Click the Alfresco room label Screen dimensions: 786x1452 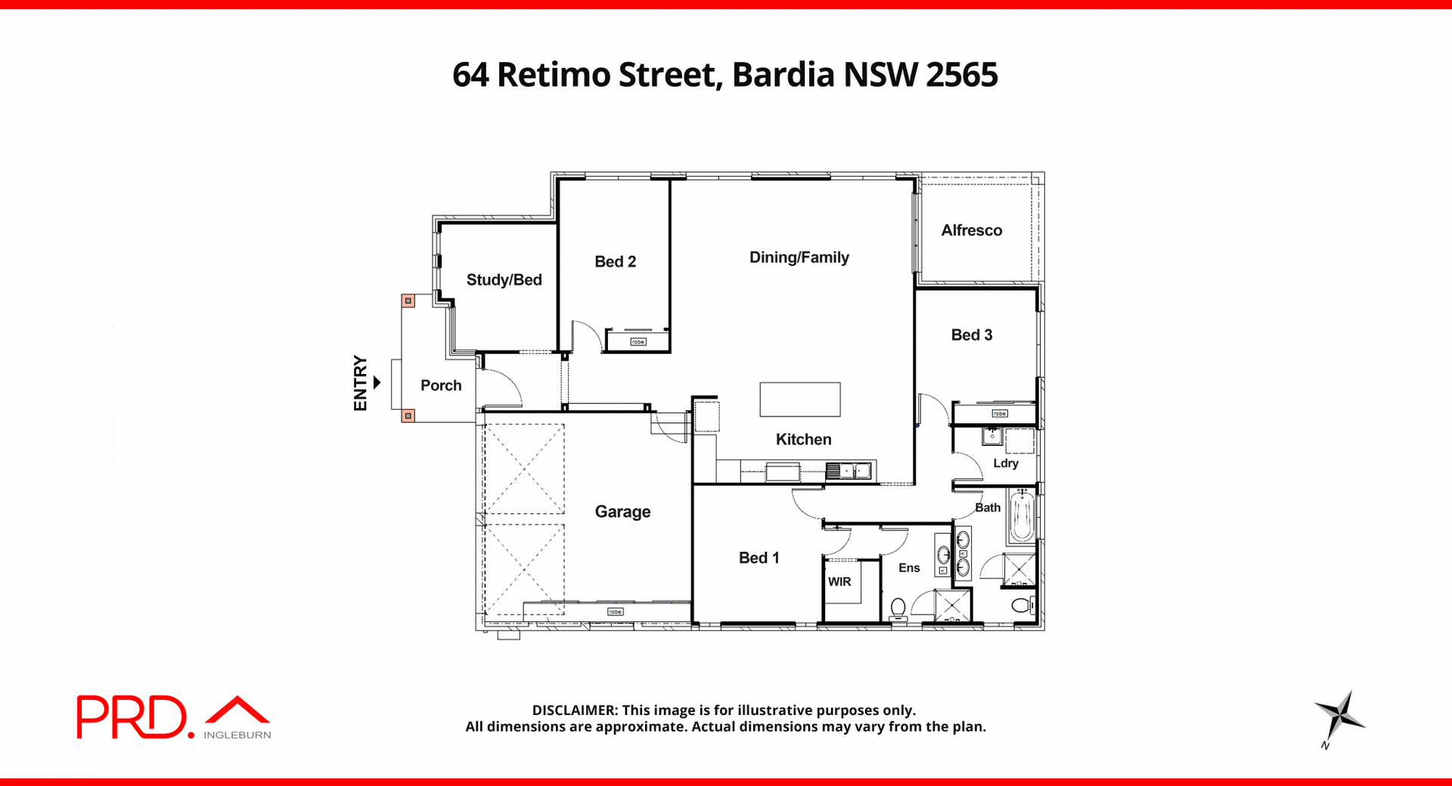point(971,231)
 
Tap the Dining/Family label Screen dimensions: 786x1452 point(799,258)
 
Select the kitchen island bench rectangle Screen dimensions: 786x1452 point(799,399)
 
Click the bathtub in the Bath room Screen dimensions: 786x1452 point(1022,516)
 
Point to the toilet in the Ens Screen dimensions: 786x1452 point(898,608)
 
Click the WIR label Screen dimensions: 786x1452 point(839,582)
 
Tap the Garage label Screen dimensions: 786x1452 point(622,512)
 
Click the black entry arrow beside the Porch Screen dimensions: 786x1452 point(377,383)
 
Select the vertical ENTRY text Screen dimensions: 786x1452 point(360,383)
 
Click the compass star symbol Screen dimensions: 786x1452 point(1339,716)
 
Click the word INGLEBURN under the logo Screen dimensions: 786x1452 point(237,735)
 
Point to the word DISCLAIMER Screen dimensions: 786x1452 point(575,710)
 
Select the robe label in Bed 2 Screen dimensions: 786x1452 point(638,342)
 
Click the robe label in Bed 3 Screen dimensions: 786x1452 point(1000,413)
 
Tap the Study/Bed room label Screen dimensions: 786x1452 point(504,280)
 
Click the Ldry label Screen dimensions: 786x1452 point(1005,463)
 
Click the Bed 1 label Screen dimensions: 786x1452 point(759,558)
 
